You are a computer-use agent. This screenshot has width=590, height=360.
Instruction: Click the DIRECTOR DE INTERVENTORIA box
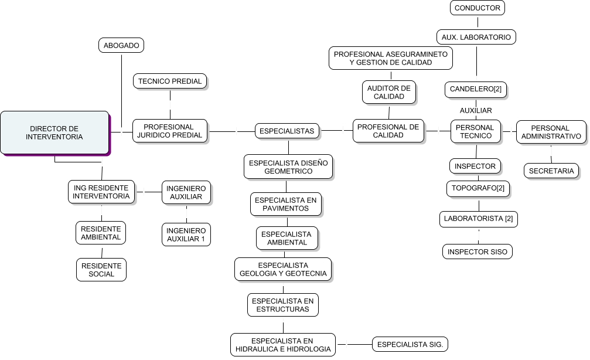pos(54,133)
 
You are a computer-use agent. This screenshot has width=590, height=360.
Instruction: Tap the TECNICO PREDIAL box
pos(170,81)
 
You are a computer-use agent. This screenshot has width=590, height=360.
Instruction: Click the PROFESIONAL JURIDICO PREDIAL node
pos(170,131)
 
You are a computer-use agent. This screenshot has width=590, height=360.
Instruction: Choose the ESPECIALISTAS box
pos(287,131)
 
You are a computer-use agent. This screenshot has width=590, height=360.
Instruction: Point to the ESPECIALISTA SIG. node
pos(411,344)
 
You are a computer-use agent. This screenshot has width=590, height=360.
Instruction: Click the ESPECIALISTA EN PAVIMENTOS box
pos(287,204)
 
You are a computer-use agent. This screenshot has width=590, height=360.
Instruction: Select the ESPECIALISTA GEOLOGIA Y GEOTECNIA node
pos(284,269)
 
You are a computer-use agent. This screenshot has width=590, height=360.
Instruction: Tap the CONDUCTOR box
pos(478,8)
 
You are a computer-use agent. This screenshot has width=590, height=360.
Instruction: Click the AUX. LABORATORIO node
pos(477,37)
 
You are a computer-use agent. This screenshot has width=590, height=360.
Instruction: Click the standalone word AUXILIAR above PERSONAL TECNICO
pos(476,110)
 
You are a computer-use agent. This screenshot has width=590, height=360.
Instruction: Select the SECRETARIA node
pos(551,171)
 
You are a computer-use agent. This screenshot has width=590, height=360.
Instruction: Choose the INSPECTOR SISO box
pos(478,252)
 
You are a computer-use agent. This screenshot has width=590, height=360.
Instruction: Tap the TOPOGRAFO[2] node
pos(478,189)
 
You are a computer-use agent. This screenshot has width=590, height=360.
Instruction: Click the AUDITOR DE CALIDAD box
pos(389,92)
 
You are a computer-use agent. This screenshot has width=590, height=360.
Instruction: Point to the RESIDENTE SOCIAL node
pos(102,270)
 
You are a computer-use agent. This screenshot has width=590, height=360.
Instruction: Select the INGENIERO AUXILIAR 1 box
pos(186,235)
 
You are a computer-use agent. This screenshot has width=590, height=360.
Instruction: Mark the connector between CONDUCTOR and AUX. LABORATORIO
pos(478,22)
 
